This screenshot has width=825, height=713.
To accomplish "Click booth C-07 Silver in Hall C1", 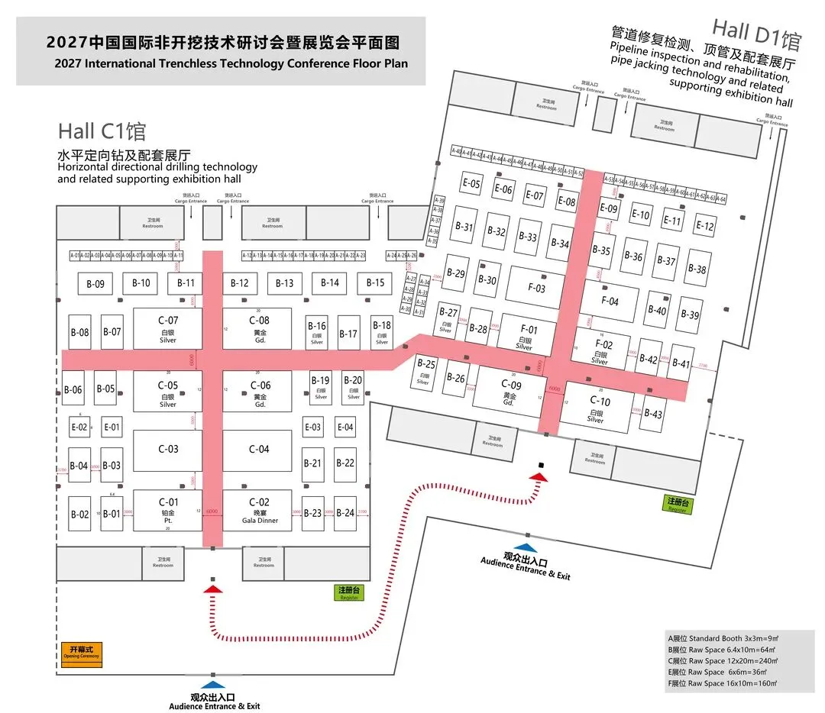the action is (168, 327).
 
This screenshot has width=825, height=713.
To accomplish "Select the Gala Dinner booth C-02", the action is (258, 510).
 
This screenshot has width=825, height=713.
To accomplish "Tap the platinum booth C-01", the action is (168, 510).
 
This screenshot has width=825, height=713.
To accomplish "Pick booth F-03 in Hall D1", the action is (537, 288).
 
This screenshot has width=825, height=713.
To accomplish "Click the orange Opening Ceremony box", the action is (80, 654).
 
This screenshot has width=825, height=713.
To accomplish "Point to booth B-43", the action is (652, 414).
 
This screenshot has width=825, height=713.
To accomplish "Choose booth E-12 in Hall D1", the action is (705, 226).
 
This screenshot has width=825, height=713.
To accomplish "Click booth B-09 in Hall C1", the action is (95, 284).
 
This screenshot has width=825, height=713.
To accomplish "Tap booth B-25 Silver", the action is (425, 369).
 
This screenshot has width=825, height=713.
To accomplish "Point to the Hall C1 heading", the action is (102, 131).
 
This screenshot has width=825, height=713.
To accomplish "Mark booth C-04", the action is (258, 450).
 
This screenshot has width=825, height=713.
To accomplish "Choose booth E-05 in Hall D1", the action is (471, 184).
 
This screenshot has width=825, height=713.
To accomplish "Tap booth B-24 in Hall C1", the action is (345, 513).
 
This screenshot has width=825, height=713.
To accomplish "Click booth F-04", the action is (610, 301).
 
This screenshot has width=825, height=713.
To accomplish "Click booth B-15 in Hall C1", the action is (375, 282).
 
